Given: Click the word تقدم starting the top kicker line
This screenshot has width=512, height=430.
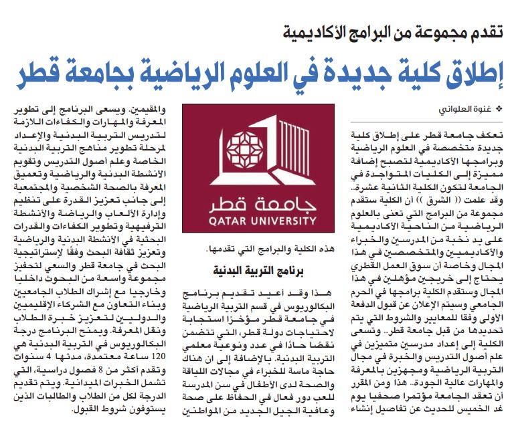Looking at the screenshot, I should tap(484, 31).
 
